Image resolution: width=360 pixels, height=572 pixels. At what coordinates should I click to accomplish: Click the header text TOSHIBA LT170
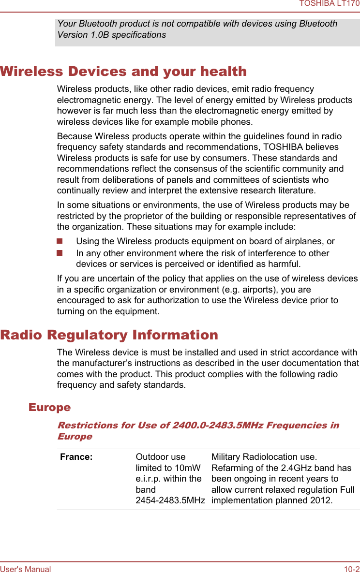coord(329,4)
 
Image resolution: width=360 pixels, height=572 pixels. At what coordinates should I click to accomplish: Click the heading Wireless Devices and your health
coord(123,72)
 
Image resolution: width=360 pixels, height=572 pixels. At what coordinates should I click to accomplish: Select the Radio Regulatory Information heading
coord(109,335)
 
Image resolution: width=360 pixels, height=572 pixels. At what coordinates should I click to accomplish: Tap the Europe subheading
coord(49,407)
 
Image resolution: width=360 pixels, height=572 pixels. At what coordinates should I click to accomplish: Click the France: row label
coord(76,457)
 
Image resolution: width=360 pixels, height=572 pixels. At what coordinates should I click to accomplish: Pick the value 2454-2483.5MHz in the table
coord(170,500)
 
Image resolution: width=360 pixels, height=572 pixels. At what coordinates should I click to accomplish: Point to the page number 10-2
coord(352,569)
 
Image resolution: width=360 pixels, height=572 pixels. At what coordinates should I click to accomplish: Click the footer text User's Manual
coord(25,569)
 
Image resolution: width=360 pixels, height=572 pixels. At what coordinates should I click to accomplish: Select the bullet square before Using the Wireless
coord(60,241)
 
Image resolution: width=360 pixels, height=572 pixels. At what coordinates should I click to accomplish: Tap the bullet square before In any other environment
coord(60,253)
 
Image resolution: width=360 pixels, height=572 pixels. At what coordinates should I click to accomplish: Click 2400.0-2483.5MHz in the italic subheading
coord(211,425)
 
